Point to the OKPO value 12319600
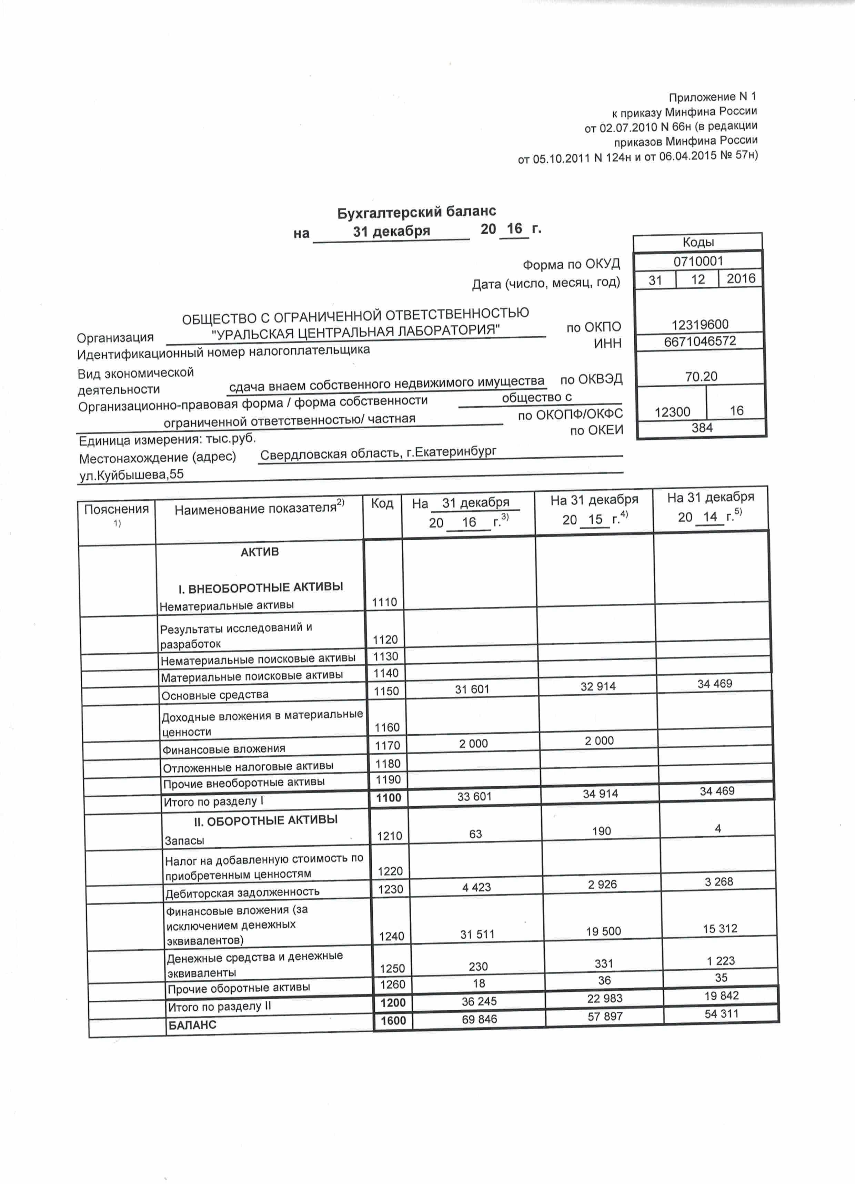click(x=700, y=325)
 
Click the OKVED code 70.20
click(x=701, y=376)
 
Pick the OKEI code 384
click(x=702, y=428)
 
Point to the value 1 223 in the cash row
click(x=721, y=961)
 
